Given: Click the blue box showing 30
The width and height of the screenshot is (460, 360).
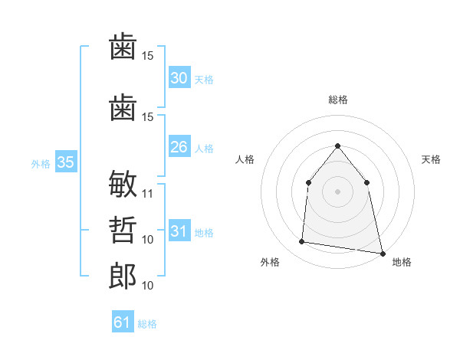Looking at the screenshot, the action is [179, 77].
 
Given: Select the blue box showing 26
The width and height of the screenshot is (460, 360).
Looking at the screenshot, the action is [179, 146].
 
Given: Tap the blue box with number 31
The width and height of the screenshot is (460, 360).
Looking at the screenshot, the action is [179, 230].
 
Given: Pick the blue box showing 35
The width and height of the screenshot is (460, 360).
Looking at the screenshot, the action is [66, 162].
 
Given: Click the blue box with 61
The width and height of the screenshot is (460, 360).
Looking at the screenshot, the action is [123, 321].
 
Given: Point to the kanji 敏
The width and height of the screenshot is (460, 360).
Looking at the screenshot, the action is [123, 184].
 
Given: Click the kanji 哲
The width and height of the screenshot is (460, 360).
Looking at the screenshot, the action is [123, 230].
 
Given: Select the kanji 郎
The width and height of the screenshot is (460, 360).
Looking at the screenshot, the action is [123, 276].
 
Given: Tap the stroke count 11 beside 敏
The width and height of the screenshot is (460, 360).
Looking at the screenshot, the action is [147, 194].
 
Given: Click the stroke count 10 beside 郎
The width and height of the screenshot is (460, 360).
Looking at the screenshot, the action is [147, 286].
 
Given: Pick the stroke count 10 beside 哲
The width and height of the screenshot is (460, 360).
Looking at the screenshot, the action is [147, 240].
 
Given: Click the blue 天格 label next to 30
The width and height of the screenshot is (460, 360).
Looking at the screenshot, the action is [204, 80].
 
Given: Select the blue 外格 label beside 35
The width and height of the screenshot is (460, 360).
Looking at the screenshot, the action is [41, 164].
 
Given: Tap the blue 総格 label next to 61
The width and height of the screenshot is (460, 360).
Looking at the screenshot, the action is [147, 324].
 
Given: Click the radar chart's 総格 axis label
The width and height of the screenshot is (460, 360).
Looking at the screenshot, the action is [338, 100].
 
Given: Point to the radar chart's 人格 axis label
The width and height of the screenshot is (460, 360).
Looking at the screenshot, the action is [245, 159].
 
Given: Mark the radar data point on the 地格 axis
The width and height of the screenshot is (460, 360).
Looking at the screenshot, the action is [383, 254].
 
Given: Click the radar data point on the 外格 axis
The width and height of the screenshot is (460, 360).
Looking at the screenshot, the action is [301, 241].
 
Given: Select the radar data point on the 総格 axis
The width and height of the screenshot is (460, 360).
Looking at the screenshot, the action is [337, 146].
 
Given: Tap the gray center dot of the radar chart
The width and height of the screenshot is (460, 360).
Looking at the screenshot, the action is [337, 191].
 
